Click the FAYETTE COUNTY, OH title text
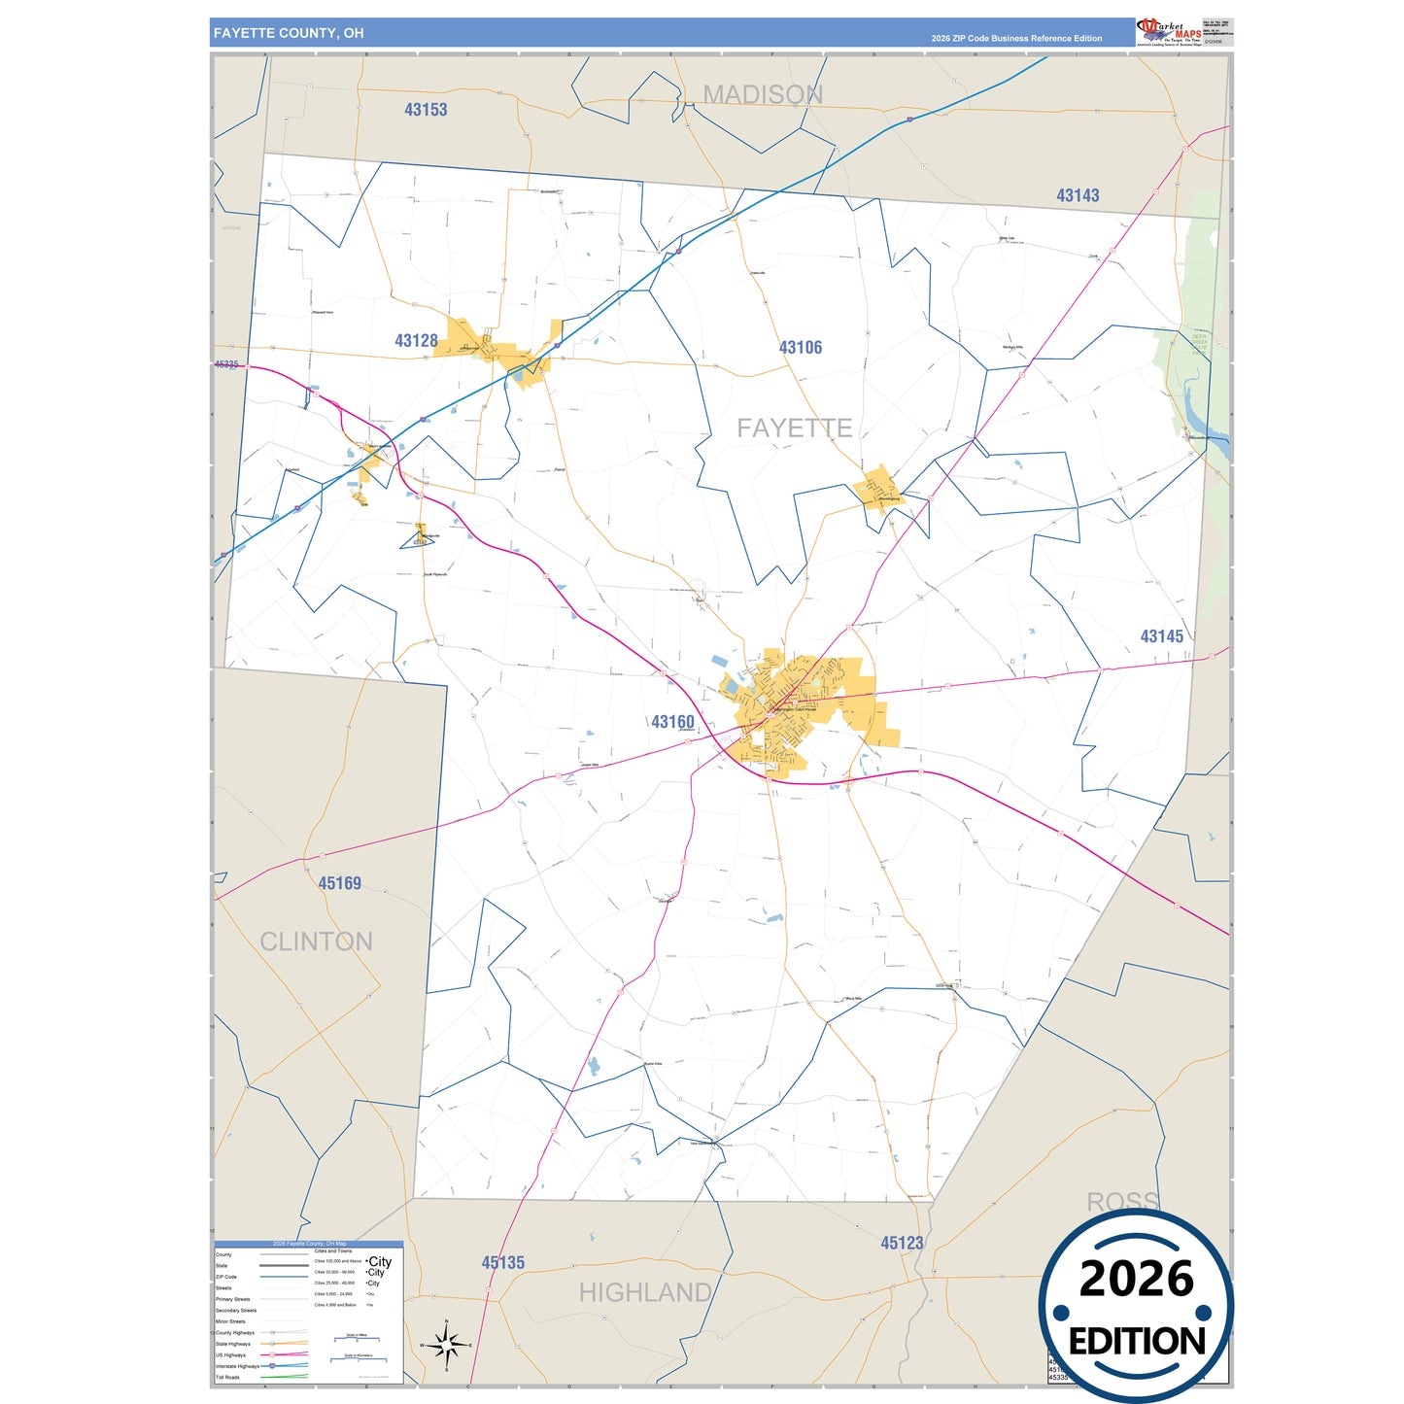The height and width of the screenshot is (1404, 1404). point(289,33)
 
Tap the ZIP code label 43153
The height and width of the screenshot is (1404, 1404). point(426,110)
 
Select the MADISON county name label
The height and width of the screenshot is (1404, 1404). point(763,94)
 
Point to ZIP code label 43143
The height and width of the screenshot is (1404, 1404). point(1078,195)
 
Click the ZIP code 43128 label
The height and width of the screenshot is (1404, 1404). point(416,341)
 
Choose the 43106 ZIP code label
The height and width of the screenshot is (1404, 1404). point(800,347)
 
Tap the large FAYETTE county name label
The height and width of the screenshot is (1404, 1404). point(794,428)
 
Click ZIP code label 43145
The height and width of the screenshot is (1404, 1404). point(1161,636)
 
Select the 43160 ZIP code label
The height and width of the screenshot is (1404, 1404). point(672,722)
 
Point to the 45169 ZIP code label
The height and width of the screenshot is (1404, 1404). point(339,883)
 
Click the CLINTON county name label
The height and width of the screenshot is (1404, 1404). point(316,942)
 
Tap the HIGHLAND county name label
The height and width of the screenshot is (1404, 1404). point(645,1292)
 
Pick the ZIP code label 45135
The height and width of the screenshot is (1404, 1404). point(502,1263)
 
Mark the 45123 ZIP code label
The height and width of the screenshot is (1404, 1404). point(902,1243)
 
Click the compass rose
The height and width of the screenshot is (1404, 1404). point(446,1346)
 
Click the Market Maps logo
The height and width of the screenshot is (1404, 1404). point(1168,32)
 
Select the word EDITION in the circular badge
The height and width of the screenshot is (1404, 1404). point(1137,1342)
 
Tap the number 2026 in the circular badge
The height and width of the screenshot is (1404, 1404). point(1136,1279)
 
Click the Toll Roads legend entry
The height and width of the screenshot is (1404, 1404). point(228,1377)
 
